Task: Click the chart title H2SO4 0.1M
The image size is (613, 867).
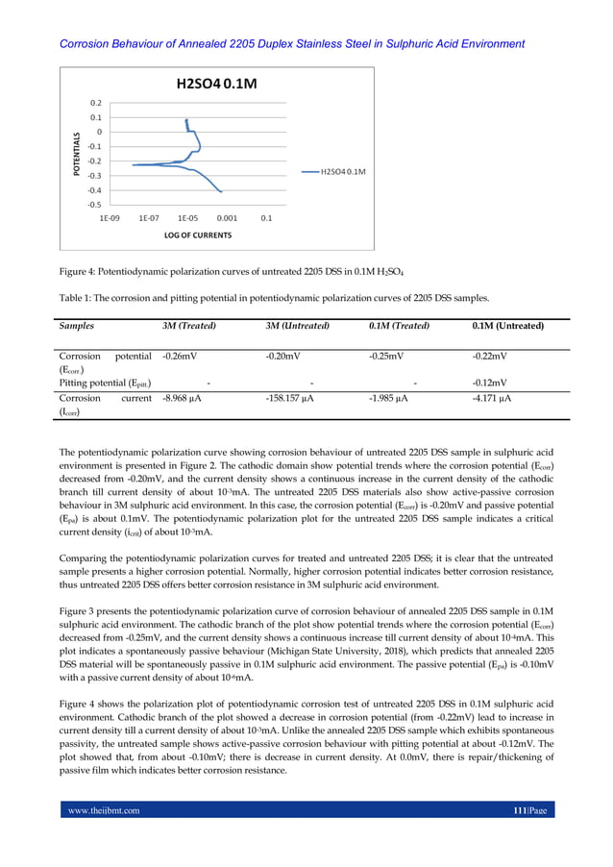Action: (x=215, y=84)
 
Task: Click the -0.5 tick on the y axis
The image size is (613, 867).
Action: (x=94, y=204)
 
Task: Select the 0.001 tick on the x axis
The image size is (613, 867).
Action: (x=227, y=218)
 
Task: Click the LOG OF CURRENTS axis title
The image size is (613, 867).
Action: (x=197, y=235)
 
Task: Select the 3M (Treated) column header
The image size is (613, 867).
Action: (x=188, y=326)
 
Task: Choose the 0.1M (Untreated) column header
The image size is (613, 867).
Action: (x=508, y=326)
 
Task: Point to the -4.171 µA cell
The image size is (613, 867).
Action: (x=492, y=397)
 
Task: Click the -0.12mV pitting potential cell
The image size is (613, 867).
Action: (x=490, y=382)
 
